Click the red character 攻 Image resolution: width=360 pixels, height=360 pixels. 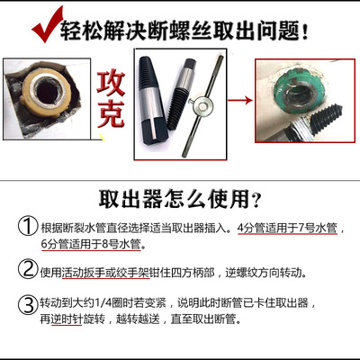click(x=111, y=84)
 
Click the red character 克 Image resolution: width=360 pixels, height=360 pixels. click(x=111, y=114)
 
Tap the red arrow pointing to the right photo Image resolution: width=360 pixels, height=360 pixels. click(x=240, y=100)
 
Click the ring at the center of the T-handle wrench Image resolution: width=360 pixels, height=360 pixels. click(x=201, y=106)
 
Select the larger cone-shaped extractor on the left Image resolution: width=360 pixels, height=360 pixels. click(x=150, y=101)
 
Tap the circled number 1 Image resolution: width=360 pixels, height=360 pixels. click(x=28, y=226)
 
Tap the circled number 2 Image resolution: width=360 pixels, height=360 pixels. click(x=28, y=269)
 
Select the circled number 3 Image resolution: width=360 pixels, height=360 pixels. click(x=28, y=305)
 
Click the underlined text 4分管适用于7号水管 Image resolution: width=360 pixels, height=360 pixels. click(x=287, y=229)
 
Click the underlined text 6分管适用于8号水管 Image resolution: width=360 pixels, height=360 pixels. click(x=91, y=244)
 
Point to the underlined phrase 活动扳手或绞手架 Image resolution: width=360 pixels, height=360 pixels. click(x=105, y=273)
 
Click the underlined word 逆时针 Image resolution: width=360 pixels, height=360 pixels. click(x=67, y=319)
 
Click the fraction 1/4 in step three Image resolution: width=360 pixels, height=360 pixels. click(x=103, y=303)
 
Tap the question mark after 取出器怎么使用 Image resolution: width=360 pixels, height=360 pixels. click(x=256, y=200)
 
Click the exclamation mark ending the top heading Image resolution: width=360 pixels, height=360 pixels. click(x=305, y=31)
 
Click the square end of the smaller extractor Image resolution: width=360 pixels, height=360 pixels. click(x=190, y=65)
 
